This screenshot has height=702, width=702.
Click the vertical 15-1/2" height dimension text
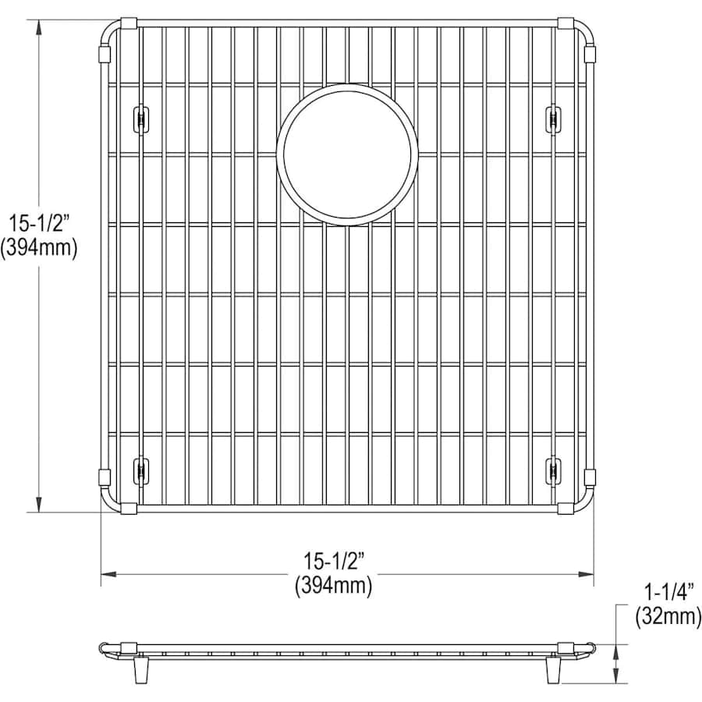[x=39, y=223]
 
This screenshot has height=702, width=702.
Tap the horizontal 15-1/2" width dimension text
[x=334, y=561]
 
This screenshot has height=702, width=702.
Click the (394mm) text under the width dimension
[x=334, y=586]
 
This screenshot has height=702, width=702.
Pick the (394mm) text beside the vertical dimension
[x=39, y=247]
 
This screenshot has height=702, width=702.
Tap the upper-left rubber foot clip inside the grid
[x=141, y=119]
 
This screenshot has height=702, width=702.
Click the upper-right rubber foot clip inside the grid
[x=554, y=119]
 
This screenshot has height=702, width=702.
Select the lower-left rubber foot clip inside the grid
[x=141, y=470]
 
